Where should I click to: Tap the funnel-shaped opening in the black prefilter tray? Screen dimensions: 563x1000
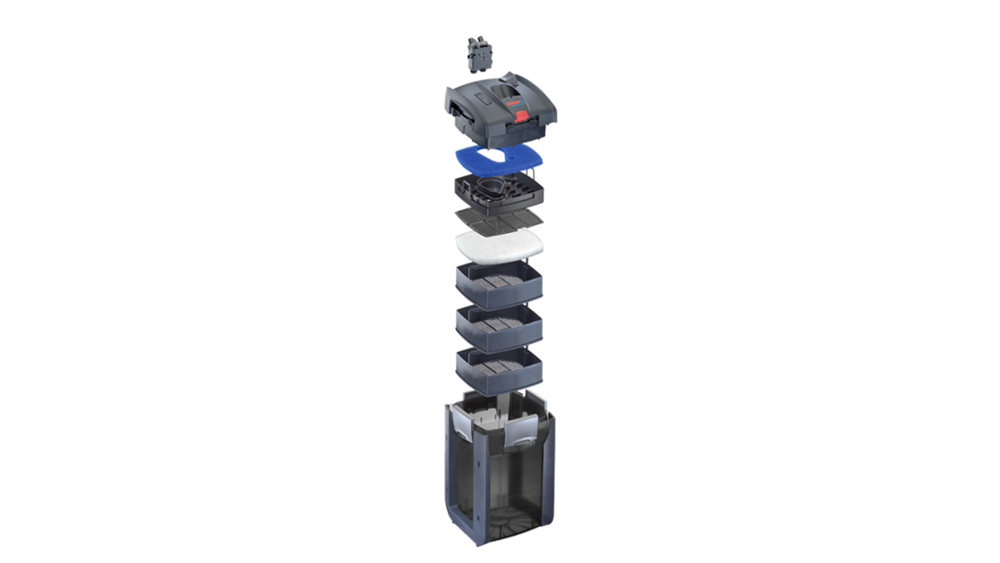[x=491, y=188]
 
